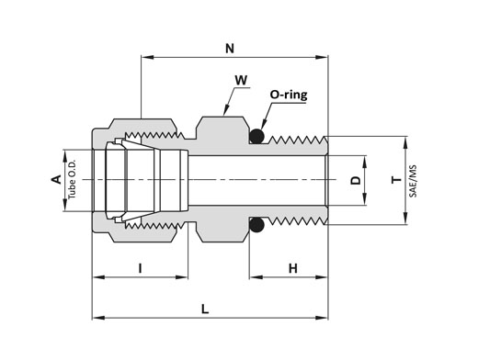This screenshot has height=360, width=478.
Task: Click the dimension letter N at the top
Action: [230, 49]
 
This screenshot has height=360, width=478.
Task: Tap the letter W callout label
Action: [241, 80]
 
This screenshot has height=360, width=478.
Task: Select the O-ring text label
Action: [289, 95]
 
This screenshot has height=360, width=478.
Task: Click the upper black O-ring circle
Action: [256, 136]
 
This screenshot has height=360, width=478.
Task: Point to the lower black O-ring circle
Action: [256, 225]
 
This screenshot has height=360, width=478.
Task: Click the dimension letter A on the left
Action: [56, 180]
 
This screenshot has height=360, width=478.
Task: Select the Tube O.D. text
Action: [72, 179]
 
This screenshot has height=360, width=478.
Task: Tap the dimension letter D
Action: [356, 180]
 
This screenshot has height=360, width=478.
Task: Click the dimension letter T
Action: [396, 180]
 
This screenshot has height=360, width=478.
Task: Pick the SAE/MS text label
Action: [413, 181]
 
